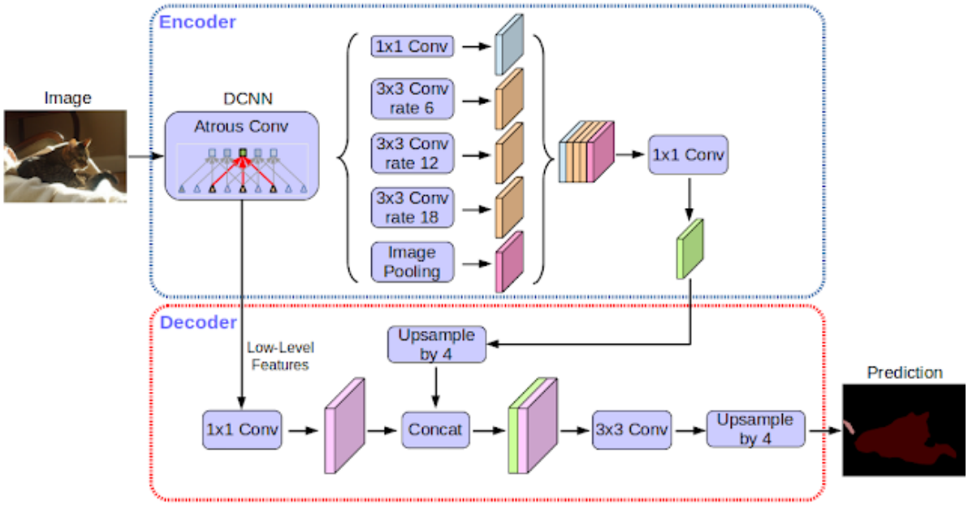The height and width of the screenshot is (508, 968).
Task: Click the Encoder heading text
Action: (x=197, y=22)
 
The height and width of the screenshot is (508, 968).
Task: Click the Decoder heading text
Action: (x=198, y=323)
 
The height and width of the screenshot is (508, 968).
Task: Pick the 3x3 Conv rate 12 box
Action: (x=411, y=153)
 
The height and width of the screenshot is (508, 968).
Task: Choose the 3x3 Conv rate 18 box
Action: (x=411, y=208)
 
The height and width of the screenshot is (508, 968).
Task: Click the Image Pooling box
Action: (x=411, y=263)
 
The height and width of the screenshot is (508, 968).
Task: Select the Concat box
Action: (x=435, y=428)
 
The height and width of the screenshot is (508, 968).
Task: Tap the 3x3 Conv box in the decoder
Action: (x=632, y=428)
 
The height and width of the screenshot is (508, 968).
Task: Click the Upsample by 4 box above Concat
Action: (x=437, y=345)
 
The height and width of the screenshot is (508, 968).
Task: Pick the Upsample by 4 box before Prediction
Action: (x=755, y=428)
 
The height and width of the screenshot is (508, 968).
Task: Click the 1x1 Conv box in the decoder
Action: (x=242, y=428)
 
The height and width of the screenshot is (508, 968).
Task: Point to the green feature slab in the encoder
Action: (x=689, y=249)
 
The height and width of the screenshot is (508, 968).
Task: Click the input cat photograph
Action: (x=65, y=155)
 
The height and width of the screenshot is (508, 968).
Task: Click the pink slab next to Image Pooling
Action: (x=509, y=263)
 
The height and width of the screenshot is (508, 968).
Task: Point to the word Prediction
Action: (x=905, y=372)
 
